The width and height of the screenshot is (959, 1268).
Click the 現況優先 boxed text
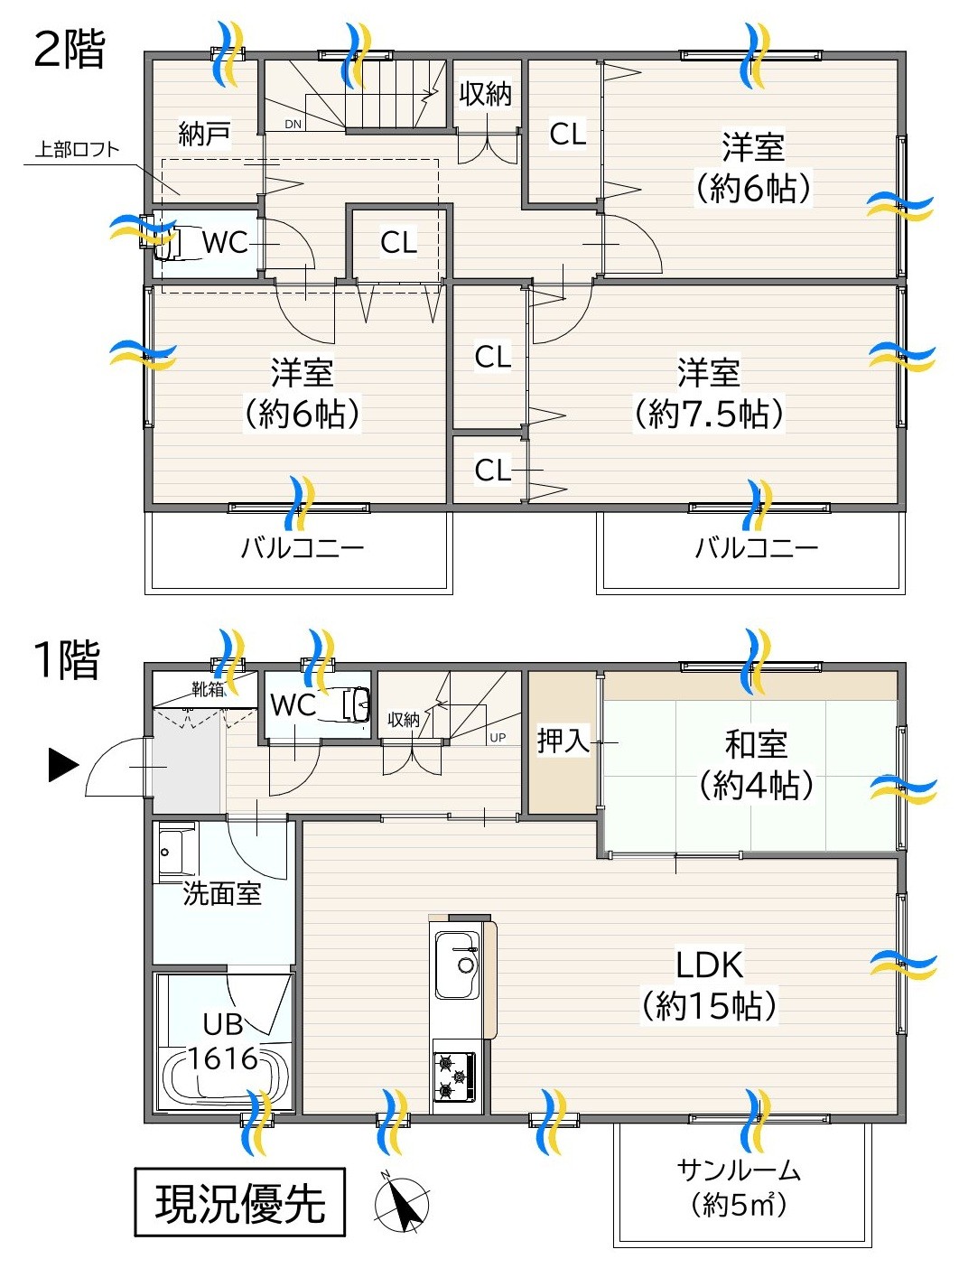pos(240,1202)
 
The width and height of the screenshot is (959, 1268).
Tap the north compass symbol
pos(402,1204)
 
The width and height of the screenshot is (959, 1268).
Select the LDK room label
pos(710,984)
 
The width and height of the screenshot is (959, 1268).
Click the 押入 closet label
pos(563,741)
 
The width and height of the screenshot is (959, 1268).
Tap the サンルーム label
pos(739,1170)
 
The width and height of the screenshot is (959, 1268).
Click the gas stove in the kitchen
pos(454,1077)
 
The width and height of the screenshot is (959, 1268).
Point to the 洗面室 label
pos(222,893)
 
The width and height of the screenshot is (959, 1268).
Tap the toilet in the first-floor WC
pos(355,704)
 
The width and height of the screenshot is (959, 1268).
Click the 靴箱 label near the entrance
pos(208,689)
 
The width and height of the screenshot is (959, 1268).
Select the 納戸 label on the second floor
pos(205,134)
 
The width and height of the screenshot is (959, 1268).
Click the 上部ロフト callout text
pos(77,150)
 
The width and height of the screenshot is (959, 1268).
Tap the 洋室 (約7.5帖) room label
pos(709,393)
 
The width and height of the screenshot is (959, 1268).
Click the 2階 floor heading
pos(70,49)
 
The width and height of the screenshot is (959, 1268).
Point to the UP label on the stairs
pos(498,738)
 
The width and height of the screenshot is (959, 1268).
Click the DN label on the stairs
pos(293,125)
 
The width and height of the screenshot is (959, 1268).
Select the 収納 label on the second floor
pos(486,93)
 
